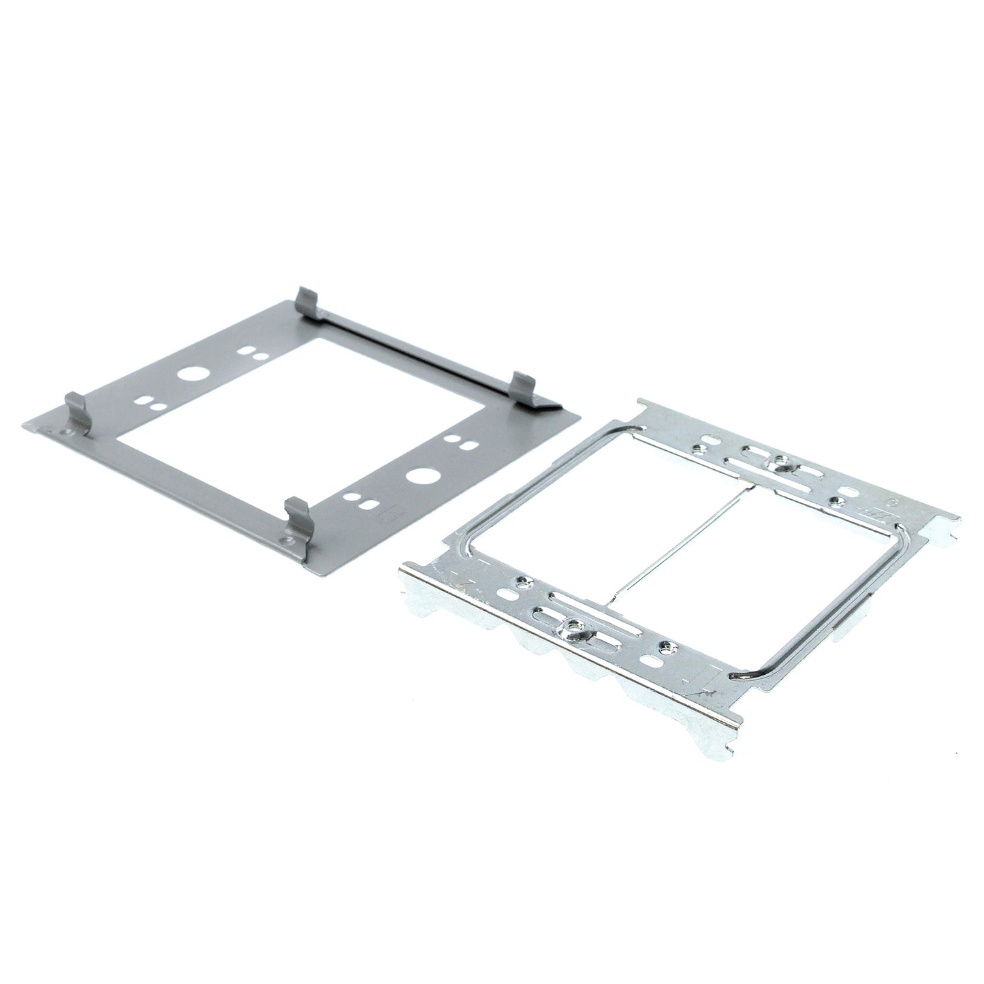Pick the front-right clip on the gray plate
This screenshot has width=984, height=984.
297,517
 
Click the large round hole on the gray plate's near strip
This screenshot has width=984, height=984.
417,475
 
